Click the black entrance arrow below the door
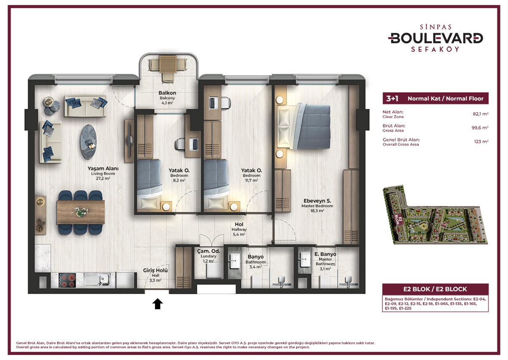click(x=157, y=303)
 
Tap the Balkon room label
click(x=167, y=93)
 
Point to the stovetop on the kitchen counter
click(x=67, y=280)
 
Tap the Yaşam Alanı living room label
click(x=103, y=169)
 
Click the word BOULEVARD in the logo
click(x=436, y=38)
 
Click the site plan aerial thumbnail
click(x=435, y=215)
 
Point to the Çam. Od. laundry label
click(x=207, y=251)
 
